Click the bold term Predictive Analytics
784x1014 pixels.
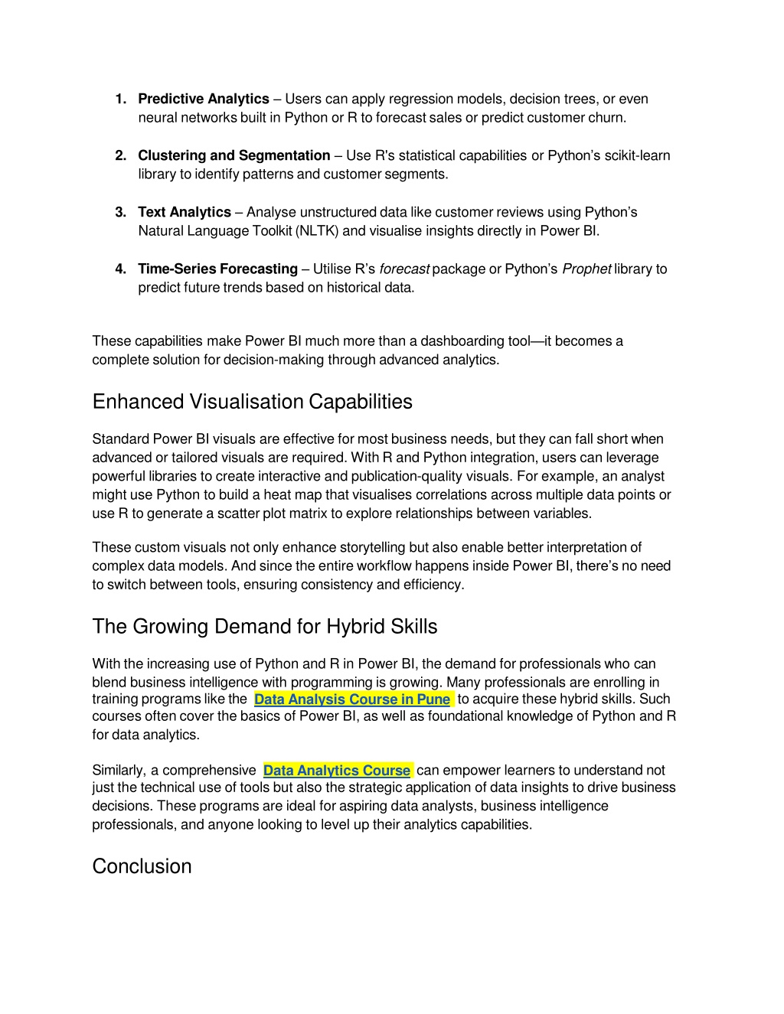203,99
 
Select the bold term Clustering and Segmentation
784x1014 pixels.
234,155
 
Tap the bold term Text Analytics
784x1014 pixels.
184,212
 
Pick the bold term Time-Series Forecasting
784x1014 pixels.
217,269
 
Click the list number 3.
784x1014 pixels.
120,212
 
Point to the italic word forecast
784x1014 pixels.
403,269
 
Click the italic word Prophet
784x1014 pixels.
586,269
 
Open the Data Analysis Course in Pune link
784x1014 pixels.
351,699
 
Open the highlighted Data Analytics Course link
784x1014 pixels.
337,770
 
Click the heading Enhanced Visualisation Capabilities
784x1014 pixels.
252,402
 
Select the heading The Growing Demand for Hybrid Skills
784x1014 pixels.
264,627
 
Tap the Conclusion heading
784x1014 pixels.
142,866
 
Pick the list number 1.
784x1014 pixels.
120,99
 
